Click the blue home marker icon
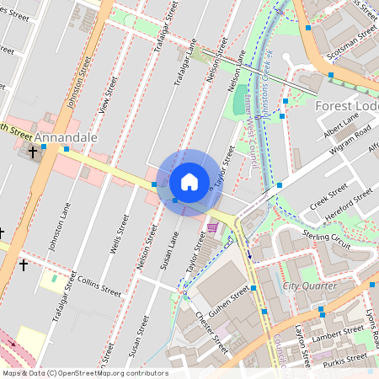189,182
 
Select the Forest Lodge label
347,107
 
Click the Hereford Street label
351,205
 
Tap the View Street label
104,102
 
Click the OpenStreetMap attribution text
84,373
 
